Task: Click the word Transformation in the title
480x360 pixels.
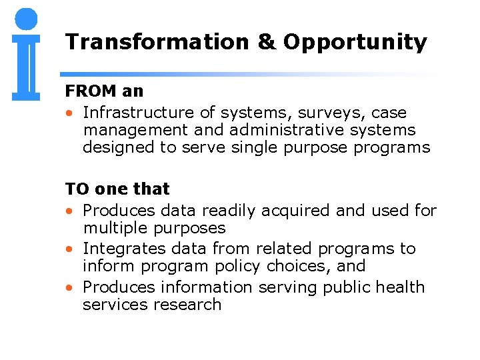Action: tap(157, 42)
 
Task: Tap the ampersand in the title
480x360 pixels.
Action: tap(265, 42)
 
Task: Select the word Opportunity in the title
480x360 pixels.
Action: tap(355, 43)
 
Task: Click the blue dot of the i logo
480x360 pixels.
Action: tap(26, 19)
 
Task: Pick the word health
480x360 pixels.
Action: tap(400, 287)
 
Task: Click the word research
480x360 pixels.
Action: tap(189, 304)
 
